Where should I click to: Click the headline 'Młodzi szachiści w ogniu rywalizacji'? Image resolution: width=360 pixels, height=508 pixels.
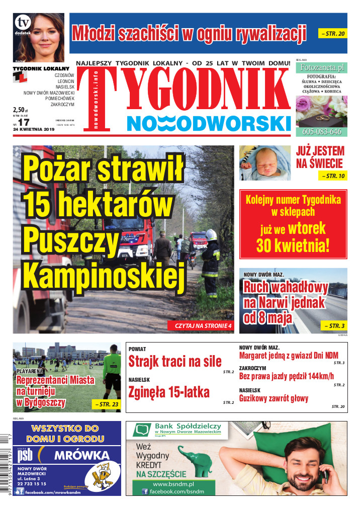[x=189, y=33]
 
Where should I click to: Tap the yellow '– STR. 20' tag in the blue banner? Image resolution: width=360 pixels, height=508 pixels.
[x=332, y=34]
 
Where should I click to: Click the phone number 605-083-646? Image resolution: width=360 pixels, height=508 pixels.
[x=321, y=132]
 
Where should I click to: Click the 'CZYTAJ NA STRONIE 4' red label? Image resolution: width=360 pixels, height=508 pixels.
[x=203, y=326]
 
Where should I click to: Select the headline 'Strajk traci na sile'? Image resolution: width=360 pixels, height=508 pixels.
[x=174, y=361]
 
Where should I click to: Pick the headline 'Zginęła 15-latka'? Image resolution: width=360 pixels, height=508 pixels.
[x=169, y=392]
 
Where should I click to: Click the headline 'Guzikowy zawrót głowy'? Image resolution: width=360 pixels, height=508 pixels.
[x=274, y=399]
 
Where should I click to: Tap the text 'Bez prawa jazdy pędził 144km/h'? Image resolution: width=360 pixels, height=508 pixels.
[x=286, y=376]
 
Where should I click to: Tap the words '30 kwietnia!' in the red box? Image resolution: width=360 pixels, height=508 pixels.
[x=293, y=245]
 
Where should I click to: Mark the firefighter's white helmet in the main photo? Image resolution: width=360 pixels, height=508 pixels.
[x=211, y=234]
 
